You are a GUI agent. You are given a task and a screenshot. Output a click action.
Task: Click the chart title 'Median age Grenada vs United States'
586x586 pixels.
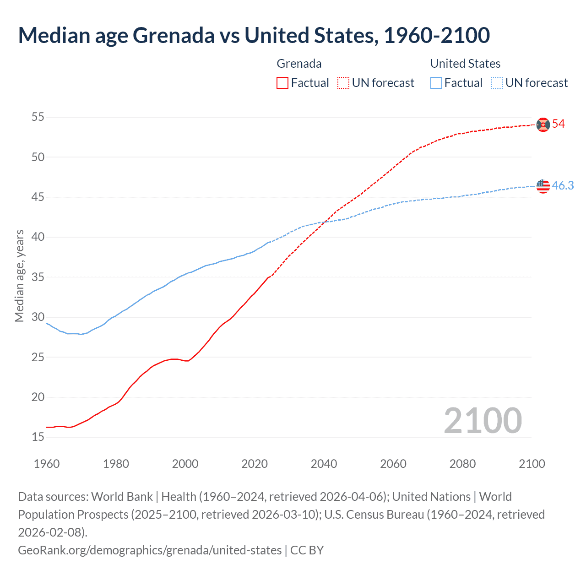254,35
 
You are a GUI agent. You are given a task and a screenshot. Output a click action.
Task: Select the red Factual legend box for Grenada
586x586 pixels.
282,83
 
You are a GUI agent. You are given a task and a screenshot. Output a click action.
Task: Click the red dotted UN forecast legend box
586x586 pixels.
343,83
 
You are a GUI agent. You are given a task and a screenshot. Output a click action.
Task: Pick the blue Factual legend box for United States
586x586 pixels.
436,83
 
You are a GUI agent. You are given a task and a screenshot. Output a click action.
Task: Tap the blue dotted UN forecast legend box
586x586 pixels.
497,83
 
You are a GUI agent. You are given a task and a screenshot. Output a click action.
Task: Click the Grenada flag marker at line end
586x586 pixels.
543,125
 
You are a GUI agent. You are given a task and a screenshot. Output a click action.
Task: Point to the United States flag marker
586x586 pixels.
543,186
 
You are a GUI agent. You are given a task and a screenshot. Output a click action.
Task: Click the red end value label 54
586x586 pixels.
558,124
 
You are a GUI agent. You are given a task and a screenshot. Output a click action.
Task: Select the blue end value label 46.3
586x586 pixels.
563,185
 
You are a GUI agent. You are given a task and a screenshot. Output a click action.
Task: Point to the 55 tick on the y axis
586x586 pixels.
38,117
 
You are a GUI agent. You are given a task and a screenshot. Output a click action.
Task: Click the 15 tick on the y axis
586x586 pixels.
38,437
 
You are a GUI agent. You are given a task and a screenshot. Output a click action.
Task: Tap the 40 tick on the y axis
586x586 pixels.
38,237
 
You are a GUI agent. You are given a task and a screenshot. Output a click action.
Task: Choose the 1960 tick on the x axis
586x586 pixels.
47,464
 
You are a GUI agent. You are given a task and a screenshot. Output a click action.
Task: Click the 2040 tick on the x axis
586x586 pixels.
324,464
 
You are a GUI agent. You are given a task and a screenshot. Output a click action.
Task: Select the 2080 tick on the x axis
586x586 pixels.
462,464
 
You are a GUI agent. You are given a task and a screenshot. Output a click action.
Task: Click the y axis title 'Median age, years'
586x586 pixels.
19,276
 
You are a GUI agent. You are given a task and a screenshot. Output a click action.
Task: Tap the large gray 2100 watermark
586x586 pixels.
483,421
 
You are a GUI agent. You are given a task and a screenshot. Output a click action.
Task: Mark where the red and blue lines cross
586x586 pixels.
326,222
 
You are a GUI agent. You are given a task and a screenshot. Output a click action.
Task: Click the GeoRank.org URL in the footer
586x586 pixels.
150,550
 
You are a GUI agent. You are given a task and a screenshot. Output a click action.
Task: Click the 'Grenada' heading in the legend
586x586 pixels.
299,64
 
